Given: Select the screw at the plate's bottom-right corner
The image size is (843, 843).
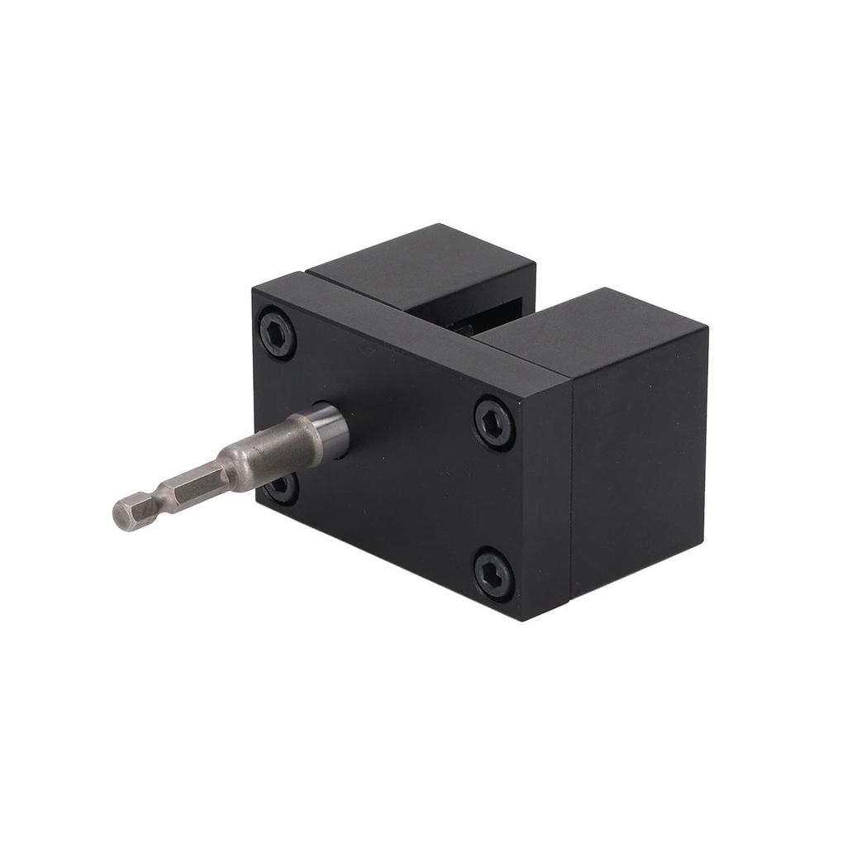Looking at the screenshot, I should pyautogui.click(x=494, y=573).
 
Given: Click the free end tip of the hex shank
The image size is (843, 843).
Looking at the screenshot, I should pyautogui.click(x=118, y=513).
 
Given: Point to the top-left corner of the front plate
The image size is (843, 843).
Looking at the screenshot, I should pyautogui.click(x=254, y=286).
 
